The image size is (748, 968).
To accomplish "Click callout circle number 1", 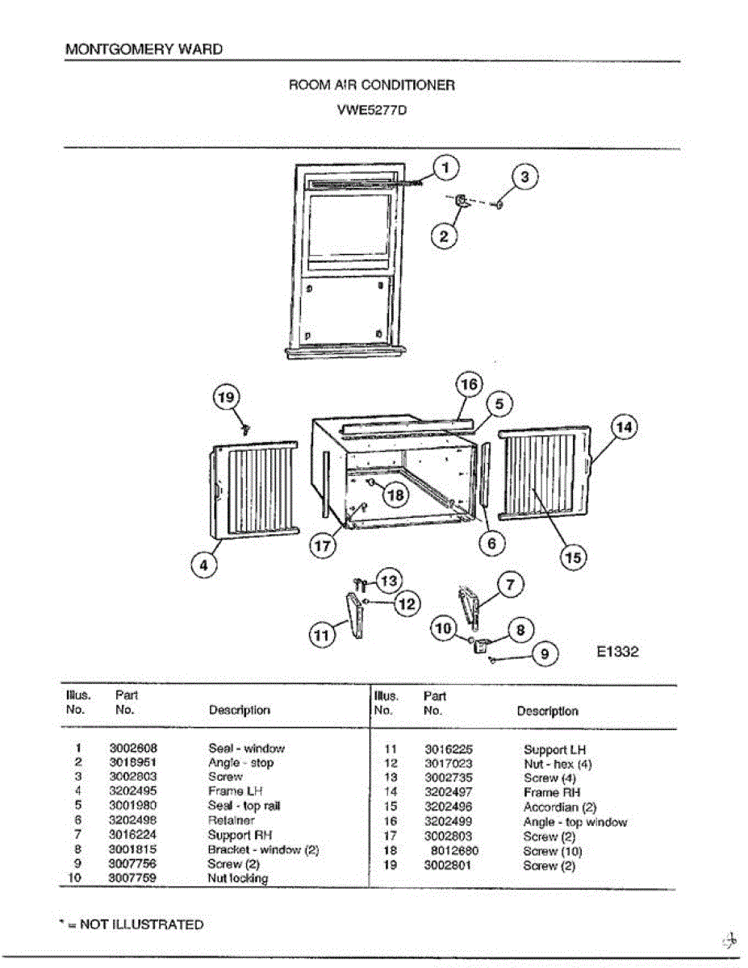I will pos(446,167).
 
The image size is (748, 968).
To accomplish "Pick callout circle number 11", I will pos(322,636).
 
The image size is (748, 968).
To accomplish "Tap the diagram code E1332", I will pos(617,651).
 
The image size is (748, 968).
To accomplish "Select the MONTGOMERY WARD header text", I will pos(144,49).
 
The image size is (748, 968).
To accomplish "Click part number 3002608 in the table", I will pos(133,749).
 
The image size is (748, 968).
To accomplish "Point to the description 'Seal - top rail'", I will pos(244,806).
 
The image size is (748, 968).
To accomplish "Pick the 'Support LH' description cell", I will pos(554,749).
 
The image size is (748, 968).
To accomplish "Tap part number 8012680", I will pos(455,851).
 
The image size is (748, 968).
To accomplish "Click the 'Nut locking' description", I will pos(238,878).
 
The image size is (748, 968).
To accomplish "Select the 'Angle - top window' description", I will pos(575,822).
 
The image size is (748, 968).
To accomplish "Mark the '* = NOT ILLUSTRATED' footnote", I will pos(134,924).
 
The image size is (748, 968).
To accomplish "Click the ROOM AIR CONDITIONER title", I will pos(371,85).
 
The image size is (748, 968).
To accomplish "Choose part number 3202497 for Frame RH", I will pos(449,793).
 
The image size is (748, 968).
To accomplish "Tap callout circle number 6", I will pos(491,543).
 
